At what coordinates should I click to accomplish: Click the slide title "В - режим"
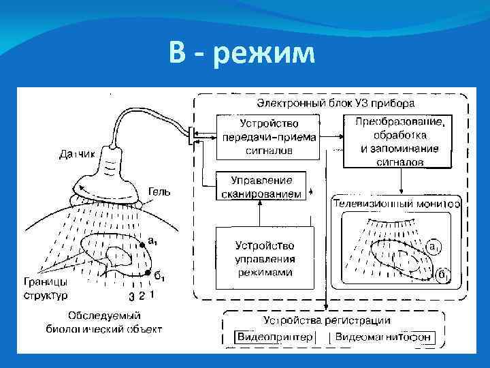point(243,53)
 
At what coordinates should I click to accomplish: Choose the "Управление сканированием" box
point(260,187)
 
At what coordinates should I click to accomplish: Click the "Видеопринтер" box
point(275,337)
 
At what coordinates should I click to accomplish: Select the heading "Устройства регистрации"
point(327,320)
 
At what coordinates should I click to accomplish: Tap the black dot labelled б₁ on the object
point(148,273)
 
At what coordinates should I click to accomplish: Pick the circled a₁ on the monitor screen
point(434,245)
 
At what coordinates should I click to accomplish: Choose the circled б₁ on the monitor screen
point(442,275)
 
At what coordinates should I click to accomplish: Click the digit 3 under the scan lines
point(131,296)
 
